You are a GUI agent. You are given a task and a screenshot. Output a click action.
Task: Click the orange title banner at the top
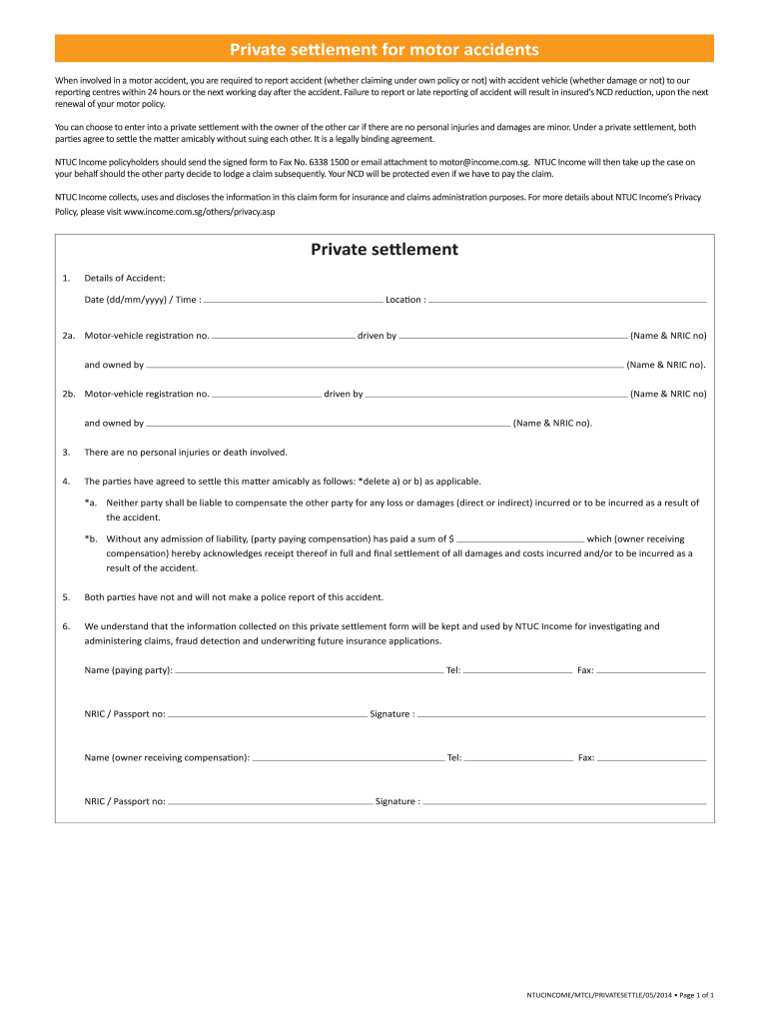[x=384, y=48]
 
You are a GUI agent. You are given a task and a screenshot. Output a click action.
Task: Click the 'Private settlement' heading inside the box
[x=384, y=250]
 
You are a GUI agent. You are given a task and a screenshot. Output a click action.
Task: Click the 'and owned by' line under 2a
[x=384, y=365]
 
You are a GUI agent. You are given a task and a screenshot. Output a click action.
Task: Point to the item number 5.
[x=66, y=597]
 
